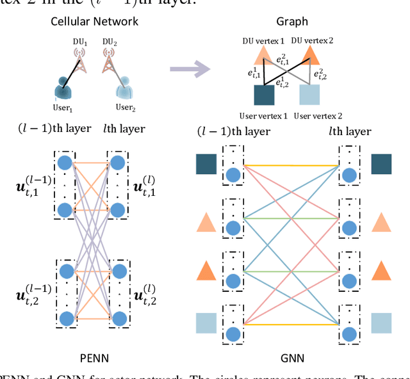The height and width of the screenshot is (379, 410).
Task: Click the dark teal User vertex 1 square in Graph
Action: (x=265, y=95)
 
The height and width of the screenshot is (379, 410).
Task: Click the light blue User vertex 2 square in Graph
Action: (x=310, y=95)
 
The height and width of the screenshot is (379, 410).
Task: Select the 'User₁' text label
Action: (x=62, y=108)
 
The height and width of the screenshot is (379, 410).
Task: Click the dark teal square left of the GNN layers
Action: (x=206, y=166)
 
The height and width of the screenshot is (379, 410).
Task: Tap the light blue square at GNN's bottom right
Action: (x=382, y=323)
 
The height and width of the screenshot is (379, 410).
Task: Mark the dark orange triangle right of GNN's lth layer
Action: (x=382, y=271)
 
